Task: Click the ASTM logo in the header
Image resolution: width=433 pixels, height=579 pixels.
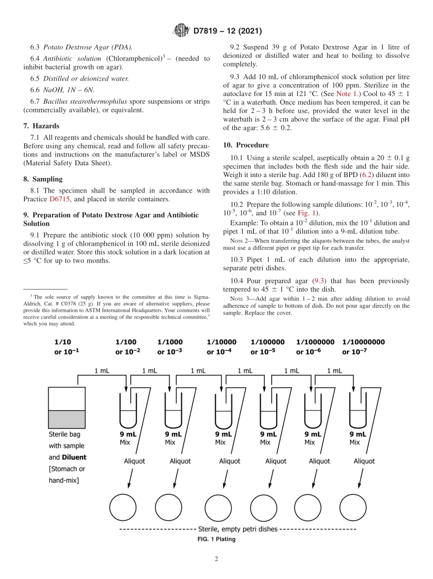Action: tap(181, 31)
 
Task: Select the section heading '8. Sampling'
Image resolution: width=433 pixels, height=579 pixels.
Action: tap(43, 179)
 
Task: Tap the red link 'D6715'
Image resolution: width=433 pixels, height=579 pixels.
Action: tap(59, 199)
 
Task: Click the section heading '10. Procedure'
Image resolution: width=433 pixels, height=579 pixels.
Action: tap(246, 145)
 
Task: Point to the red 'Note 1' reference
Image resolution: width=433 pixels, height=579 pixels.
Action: tap(346, 93)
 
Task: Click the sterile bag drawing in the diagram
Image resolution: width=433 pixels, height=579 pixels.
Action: tap(67, 407)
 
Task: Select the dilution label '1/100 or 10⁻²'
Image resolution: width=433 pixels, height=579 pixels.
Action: tap(128, 346)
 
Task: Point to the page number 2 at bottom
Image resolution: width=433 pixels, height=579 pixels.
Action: tap(216, 559)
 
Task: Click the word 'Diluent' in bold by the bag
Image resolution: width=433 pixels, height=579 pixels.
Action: tap(74, 457)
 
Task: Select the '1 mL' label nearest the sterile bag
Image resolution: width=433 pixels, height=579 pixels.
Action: tap(101, 371)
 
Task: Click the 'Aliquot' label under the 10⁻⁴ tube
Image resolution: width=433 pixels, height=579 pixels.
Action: tap(229, 461)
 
